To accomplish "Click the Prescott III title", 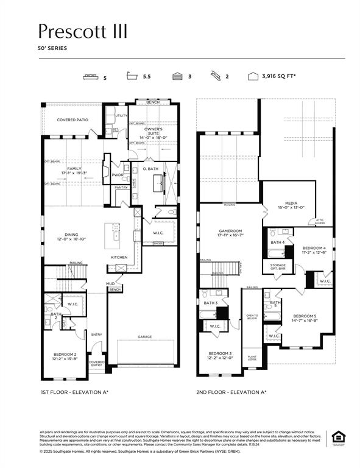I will [x=83, y=31].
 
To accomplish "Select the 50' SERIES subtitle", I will [x=53, y=48].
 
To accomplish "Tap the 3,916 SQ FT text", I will [x=278, y=76].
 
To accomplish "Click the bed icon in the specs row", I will [x=91, y=76].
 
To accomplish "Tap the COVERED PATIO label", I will [x=72, y=120].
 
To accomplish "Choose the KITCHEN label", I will [x=119, y=257].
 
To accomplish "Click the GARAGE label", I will [x=144, y=337].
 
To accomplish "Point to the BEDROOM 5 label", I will [x=304, y=318].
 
